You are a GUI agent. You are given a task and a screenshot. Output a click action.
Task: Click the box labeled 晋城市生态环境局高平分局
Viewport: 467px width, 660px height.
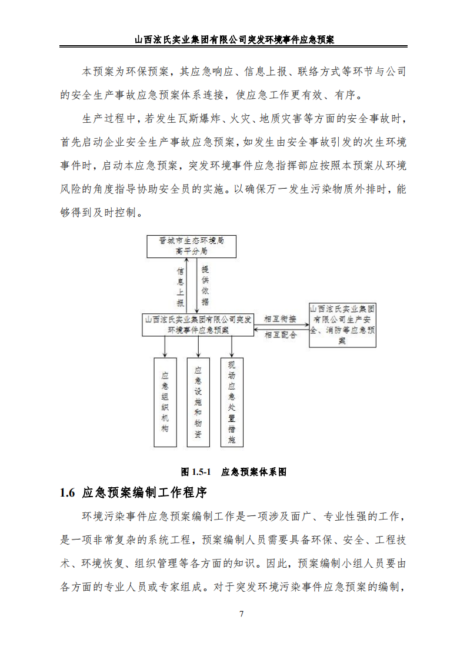(191, 246)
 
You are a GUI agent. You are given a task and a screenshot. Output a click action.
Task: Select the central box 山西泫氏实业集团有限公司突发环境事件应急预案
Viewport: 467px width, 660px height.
(198, 324)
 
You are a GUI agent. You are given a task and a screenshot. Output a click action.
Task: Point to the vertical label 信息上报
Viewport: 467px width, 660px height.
(180, 287)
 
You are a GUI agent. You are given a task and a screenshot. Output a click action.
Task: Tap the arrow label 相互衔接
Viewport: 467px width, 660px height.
(281, 319)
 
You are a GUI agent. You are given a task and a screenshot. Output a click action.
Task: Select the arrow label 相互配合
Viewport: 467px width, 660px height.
(281, 335)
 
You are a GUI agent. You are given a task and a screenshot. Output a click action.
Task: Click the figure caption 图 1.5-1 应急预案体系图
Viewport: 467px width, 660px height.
(233, 472)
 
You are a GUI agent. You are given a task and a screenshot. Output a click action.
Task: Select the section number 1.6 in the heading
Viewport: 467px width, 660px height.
(68, 493)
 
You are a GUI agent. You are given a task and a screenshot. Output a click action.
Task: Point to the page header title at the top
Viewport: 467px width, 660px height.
(234, 40)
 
